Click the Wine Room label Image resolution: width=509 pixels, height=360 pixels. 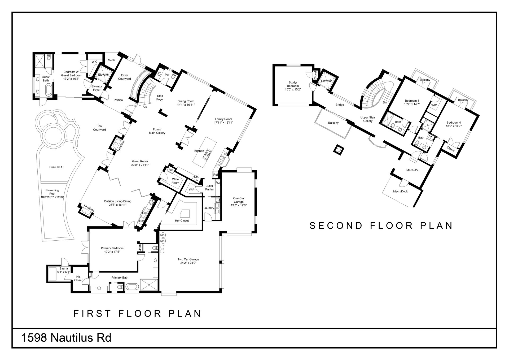tap(175, 181)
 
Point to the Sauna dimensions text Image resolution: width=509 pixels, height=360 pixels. tap(64, 272)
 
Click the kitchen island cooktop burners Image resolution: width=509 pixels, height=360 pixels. tap(207, 154)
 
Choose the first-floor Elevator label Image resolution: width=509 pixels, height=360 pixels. tap(103, 75)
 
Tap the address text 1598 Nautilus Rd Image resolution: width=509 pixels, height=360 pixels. tap(66, 338)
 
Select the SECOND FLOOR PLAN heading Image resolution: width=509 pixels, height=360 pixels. tap(381, 225)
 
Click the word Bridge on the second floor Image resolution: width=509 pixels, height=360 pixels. tap(340, 105)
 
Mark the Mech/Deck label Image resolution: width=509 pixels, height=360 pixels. tap(400, 191)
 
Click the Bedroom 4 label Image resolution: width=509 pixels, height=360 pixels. tap(454, 124)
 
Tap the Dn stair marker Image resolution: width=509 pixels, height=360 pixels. tap(385, 102)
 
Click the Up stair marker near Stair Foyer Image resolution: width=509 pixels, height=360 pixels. tap(145, 107)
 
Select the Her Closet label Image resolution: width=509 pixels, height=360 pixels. tap(182, 220)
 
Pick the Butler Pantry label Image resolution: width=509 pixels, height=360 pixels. tap(209, 188)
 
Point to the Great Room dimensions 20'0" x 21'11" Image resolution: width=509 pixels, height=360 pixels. tap(140, 165)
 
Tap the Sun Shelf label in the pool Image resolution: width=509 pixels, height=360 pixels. tap(56, 167)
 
